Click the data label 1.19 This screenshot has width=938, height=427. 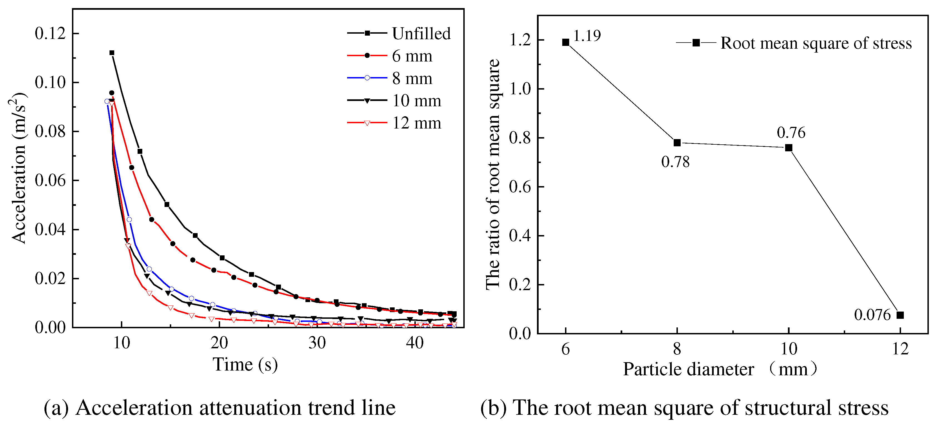click(x=587, y=36)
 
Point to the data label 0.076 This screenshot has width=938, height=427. click(x=872, y=315)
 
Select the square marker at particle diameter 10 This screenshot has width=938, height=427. click(x=789, y=147)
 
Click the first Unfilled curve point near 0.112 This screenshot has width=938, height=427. click(x=112, y=53)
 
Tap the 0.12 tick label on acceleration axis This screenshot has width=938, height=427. click(x=50, y=33)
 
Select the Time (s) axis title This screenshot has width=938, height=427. click(x=245, y=365)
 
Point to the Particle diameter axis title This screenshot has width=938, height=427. click(x=719, y=369)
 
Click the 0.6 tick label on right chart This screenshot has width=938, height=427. click(x=520, y=187)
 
